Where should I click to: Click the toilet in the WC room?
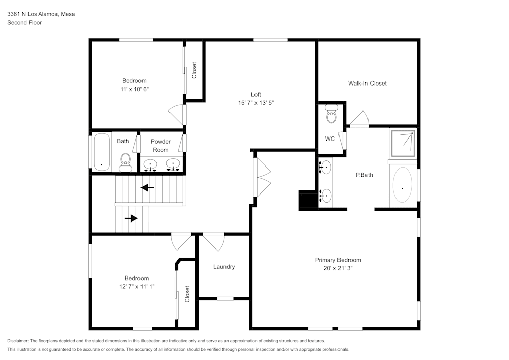[331, 114]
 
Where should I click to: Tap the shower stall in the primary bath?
[402, 144]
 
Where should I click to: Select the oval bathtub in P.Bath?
[402, 187]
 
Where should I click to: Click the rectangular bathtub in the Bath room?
[102, 152]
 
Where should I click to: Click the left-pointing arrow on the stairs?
[148, 188]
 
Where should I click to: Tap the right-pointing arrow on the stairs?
[131, 218]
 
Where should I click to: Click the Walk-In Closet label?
[367, 83]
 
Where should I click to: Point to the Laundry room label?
[224, 267]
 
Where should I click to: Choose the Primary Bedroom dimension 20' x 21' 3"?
[337, 268]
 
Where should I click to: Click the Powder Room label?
[160, 146]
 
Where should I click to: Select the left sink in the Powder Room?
[151, 164]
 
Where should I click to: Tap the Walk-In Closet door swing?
[359, 119]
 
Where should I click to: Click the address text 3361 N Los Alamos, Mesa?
[41, 14]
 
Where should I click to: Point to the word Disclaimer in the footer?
[18, 341]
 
